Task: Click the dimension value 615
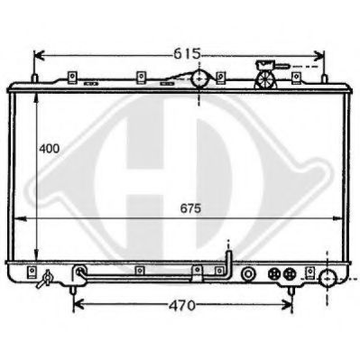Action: click(186, 53)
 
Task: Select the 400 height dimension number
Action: click(50, 147)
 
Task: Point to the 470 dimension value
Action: click(182, 305)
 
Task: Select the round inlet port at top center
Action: click(200, 80)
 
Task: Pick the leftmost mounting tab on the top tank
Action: click(70, 76)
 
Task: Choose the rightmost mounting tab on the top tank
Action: click(219, 76)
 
